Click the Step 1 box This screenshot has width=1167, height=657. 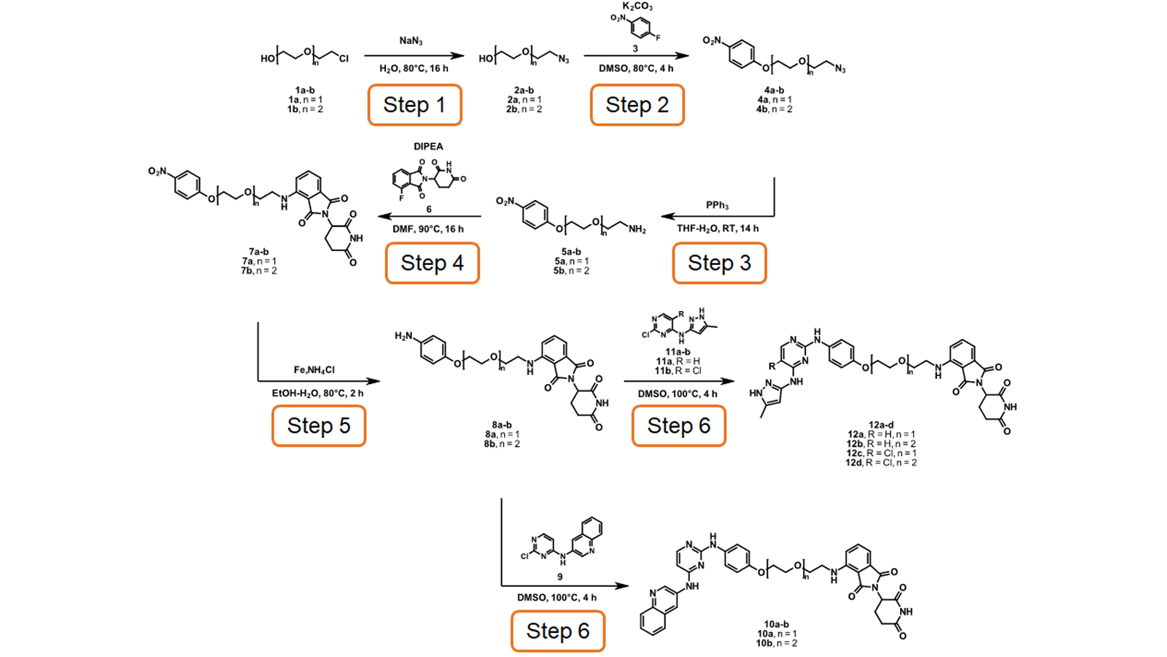(x=414, y=105)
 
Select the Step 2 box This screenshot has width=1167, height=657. (x=637, y=105)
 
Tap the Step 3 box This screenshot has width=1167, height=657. (x=719, y=263)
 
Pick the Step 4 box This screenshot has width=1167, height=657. (x=432, y=263)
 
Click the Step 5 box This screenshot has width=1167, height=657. (x=319, y=426)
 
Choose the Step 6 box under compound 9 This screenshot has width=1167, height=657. (x=557, y=631)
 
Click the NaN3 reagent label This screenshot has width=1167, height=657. (x=411, y=41)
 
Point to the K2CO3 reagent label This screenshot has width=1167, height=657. (x=637, y=7)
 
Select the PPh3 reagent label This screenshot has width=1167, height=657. (x=717, y=205)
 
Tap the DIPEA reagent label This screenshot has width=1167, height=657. (x=428, y=147)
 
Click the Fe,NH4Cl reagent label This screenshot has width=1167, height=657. (x=314, y=370)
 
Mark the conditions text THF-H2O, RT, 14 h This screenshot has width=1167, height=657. (x=717, y=228)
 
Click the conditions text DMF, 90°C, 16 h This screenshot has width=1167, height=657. (x=428, y=229)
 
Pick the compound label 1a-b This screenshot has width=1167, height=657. (x=305, y=91)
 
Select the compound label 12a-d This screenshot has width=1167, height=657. (x=881, y=425)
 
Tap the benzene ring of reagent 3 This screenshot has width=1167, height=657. (x=640, y=28)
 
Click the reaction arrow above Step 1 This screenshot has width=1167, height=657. (x=414, y=55)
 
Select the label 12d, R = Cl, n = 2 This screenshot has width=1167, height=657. (x=881, y=463)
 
